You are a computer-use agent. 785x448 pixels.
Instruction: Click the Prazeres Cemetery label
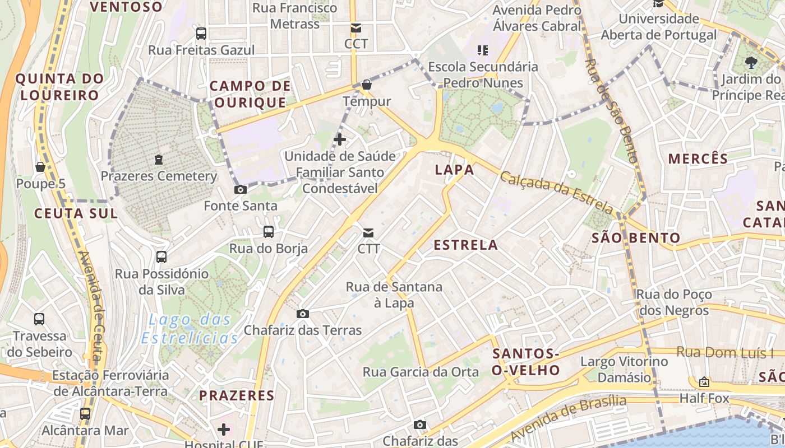(x=159, y=176)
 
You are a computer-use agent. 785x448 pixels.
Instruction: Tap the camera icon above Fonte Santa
(x=240, y=189)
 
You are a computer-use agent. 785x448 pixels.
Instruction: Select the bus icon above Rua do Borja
(x=269, y=231)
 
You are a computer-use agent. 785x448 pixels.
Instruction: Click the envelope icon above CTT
(x=368, y=232)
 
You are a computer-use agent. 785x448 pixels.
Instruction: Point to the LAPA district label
(x=455, y=170)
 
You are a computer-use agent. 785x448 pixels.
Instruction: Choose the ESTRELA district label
(x=465, y=245)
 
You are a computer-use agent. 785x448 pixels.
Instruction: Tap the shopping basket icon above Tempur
(x=366, y=85)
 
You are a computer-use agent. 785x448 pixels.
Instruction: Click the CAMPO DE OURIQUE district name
(x=250, y=94)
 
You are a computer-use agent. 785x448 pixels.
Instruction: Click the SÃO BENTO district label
(x=636, y=238)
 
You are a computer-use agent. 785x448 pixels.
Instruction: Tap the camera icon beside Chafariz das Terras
(x=303, y=314)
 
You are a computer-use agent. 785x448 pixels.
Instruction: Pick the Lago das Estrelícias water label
(x=190, y=329)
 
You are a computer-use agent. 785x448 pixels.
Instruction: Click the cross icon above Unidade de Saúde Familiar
(x=340, y=139)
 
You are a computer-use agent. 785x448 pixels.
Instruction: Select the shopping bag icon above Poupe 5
(x=40, y=167)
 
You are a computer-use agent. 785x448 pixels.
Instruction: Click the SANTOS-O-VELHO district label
(x=526, y=362)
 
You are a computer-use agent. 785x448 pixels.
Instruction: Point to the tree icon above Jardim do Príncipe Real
(x=751, y=63)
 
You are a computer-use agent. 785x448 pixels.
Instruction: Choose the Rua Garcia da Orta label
(x=421, y=372)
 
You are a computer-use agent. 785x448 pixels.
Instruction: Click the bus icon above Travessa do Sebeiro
(x=39, y=319)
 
